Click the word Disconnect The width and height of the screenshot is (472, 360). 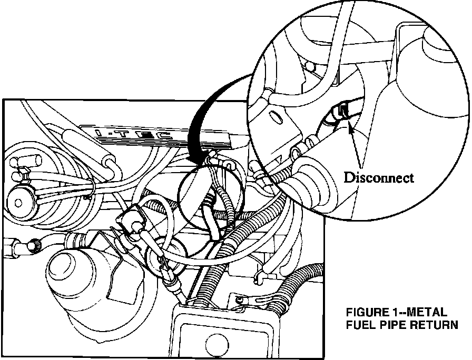click(x=379, y=177)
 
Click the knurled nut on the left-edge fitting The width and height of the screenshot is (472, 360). click(x=33, y=245)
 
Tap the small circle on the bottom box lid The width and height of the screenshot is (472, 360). click(x=209, y=348)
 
